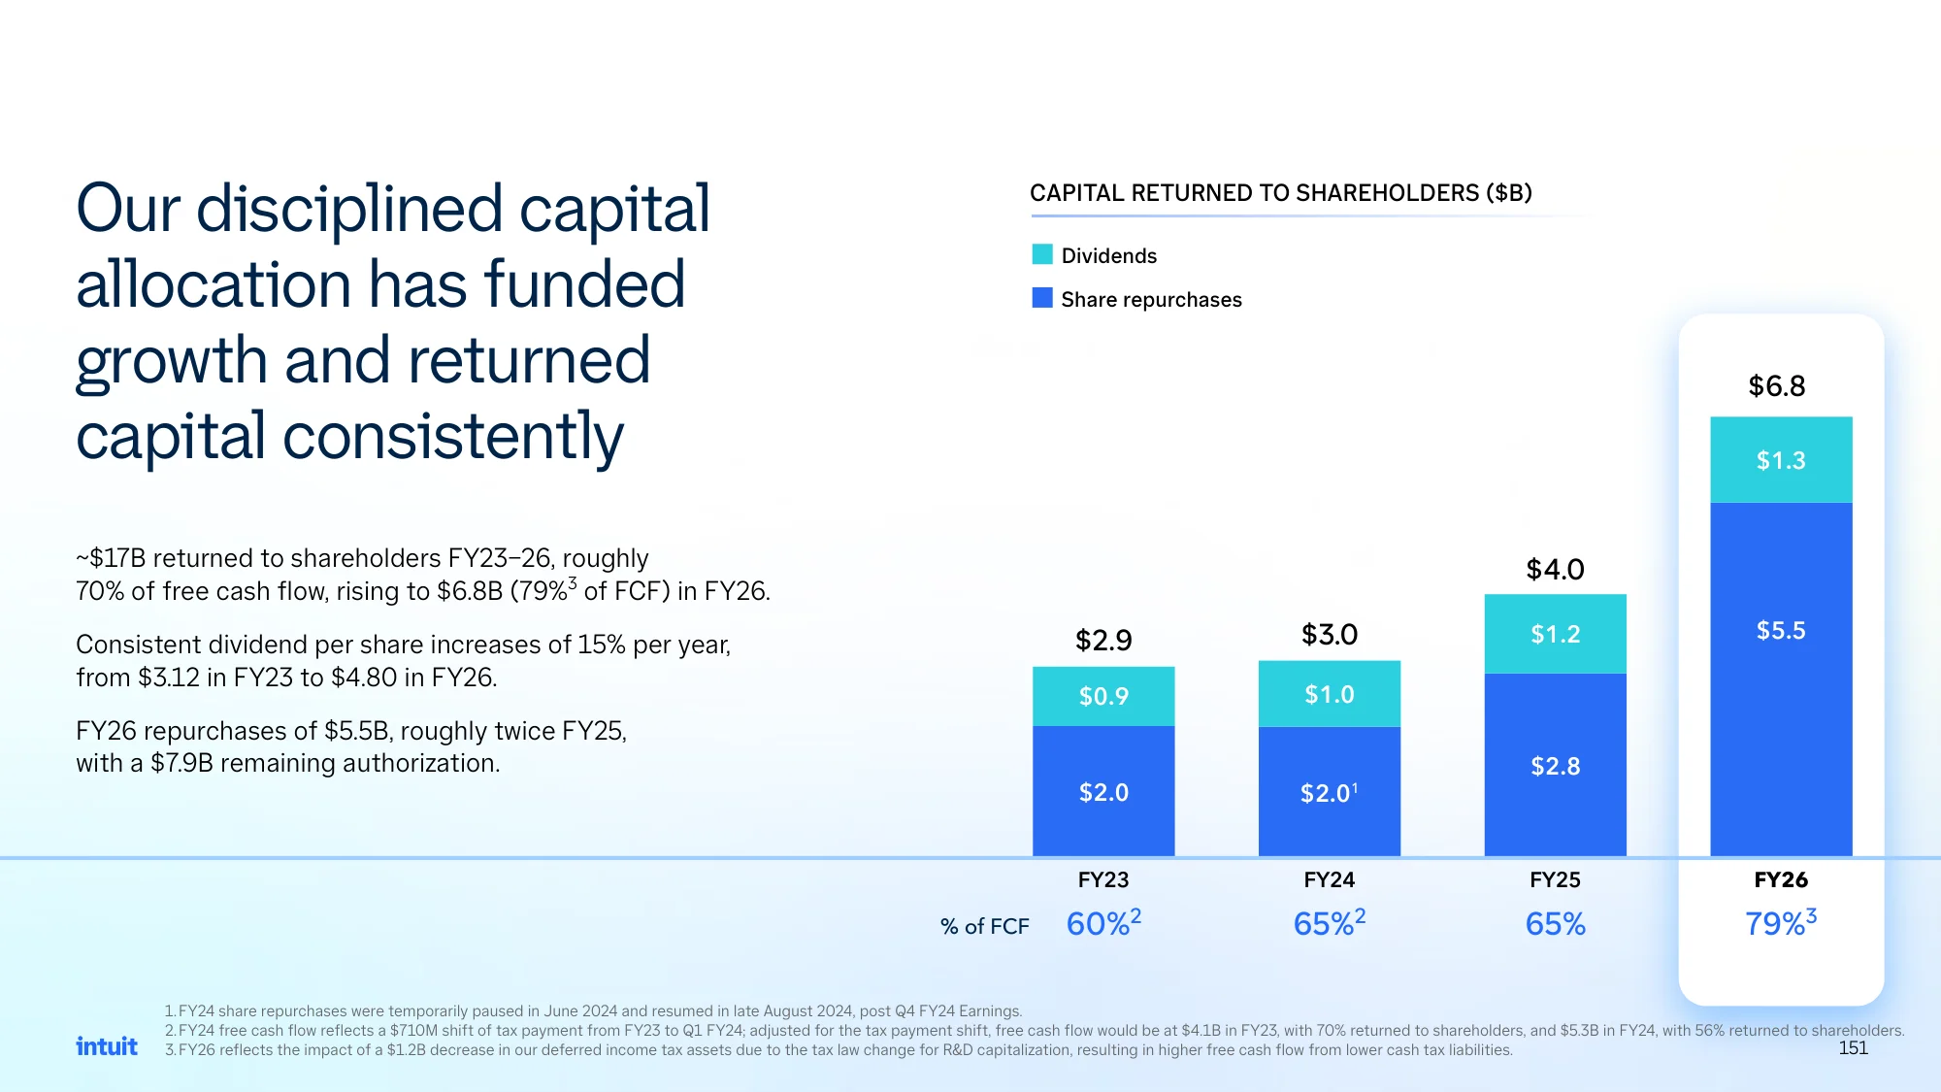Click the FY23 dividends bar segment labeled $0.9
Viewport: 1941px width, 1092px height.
coord(1103,696)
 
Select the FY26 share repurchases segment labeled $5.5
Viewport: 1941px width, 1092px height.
coord(1781,678)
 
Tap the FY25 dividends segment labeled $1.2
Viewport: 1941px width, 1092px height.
coord(1555,634)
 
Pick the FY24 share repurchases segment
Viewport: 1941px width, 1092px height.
coord(1330,791)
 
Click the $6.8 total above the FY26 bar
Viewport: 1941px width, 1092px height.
coord(1777,386)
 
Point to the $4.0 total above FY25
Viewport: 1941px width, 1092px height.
coord(1555,570)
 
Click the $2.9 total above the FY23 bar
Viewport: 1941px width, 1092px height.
coord(1103,641)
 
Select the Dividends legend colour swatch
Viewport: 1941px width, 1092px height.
coord(1042,254)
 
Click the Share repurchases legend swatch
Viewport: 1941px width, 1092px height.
coord(1042,298)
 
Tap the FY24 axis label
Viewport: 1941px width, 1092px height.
coord(1330,880)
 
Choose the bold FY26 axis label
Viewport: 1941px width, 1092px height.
coord(1781,880)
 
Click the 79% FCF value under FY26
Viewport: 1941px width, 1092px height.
coord(1781,922)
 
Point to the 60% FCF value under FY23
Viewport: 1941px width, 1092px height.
coord(1103,922)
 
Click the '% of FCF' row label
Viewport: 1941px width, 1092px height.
coord(984,927)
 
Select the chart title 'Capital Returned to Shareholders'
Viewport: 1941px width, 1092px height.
coord(1281,193)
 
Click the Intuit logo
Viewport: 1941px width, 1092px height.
coord(107,1045)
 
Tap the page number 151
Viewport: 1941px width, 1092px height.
coord(1853,1048)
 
